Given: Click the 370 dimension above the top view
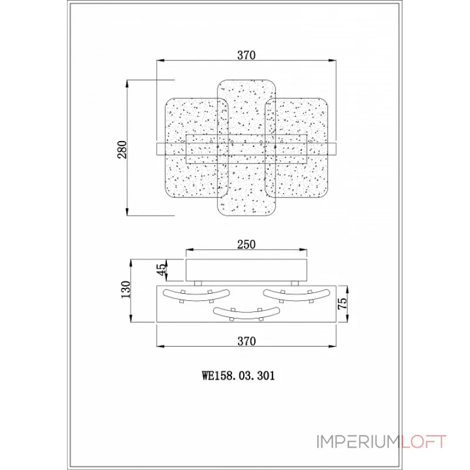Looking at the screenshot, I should [247, 55].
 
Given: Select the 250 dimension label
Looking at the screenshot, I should [247, 245].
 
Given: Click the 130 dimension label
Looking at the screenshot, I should [125, 290].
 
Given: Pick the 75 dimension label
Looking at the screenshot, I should [343, 304].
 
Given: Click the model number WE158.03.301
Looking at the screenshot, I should [239, 374].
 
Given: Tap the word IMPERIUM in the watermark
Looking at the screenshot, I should [358, 442].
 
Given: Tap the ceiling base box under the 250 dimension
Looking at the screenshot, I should [247, 268].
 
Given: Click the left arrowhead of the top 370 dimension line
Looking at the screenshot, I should [158, 61].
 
